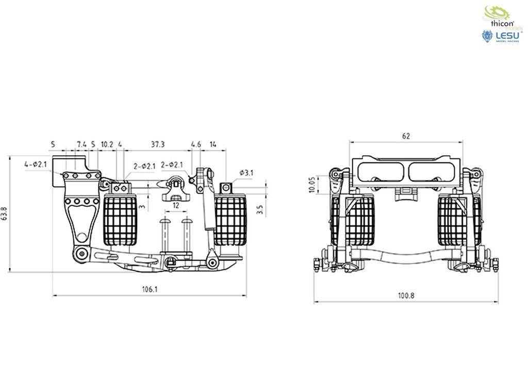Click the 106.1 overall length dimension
point(150,290)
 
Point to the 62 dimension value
point(406,136)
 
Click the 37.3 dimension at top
point(158,144)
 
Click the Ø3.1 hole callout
point(246,173)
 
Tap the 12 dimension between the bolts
point(176,205)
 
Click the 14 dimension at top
point(213,144)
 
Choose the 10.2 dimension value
point(107,144)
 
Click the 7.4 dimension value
point(81,144)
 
